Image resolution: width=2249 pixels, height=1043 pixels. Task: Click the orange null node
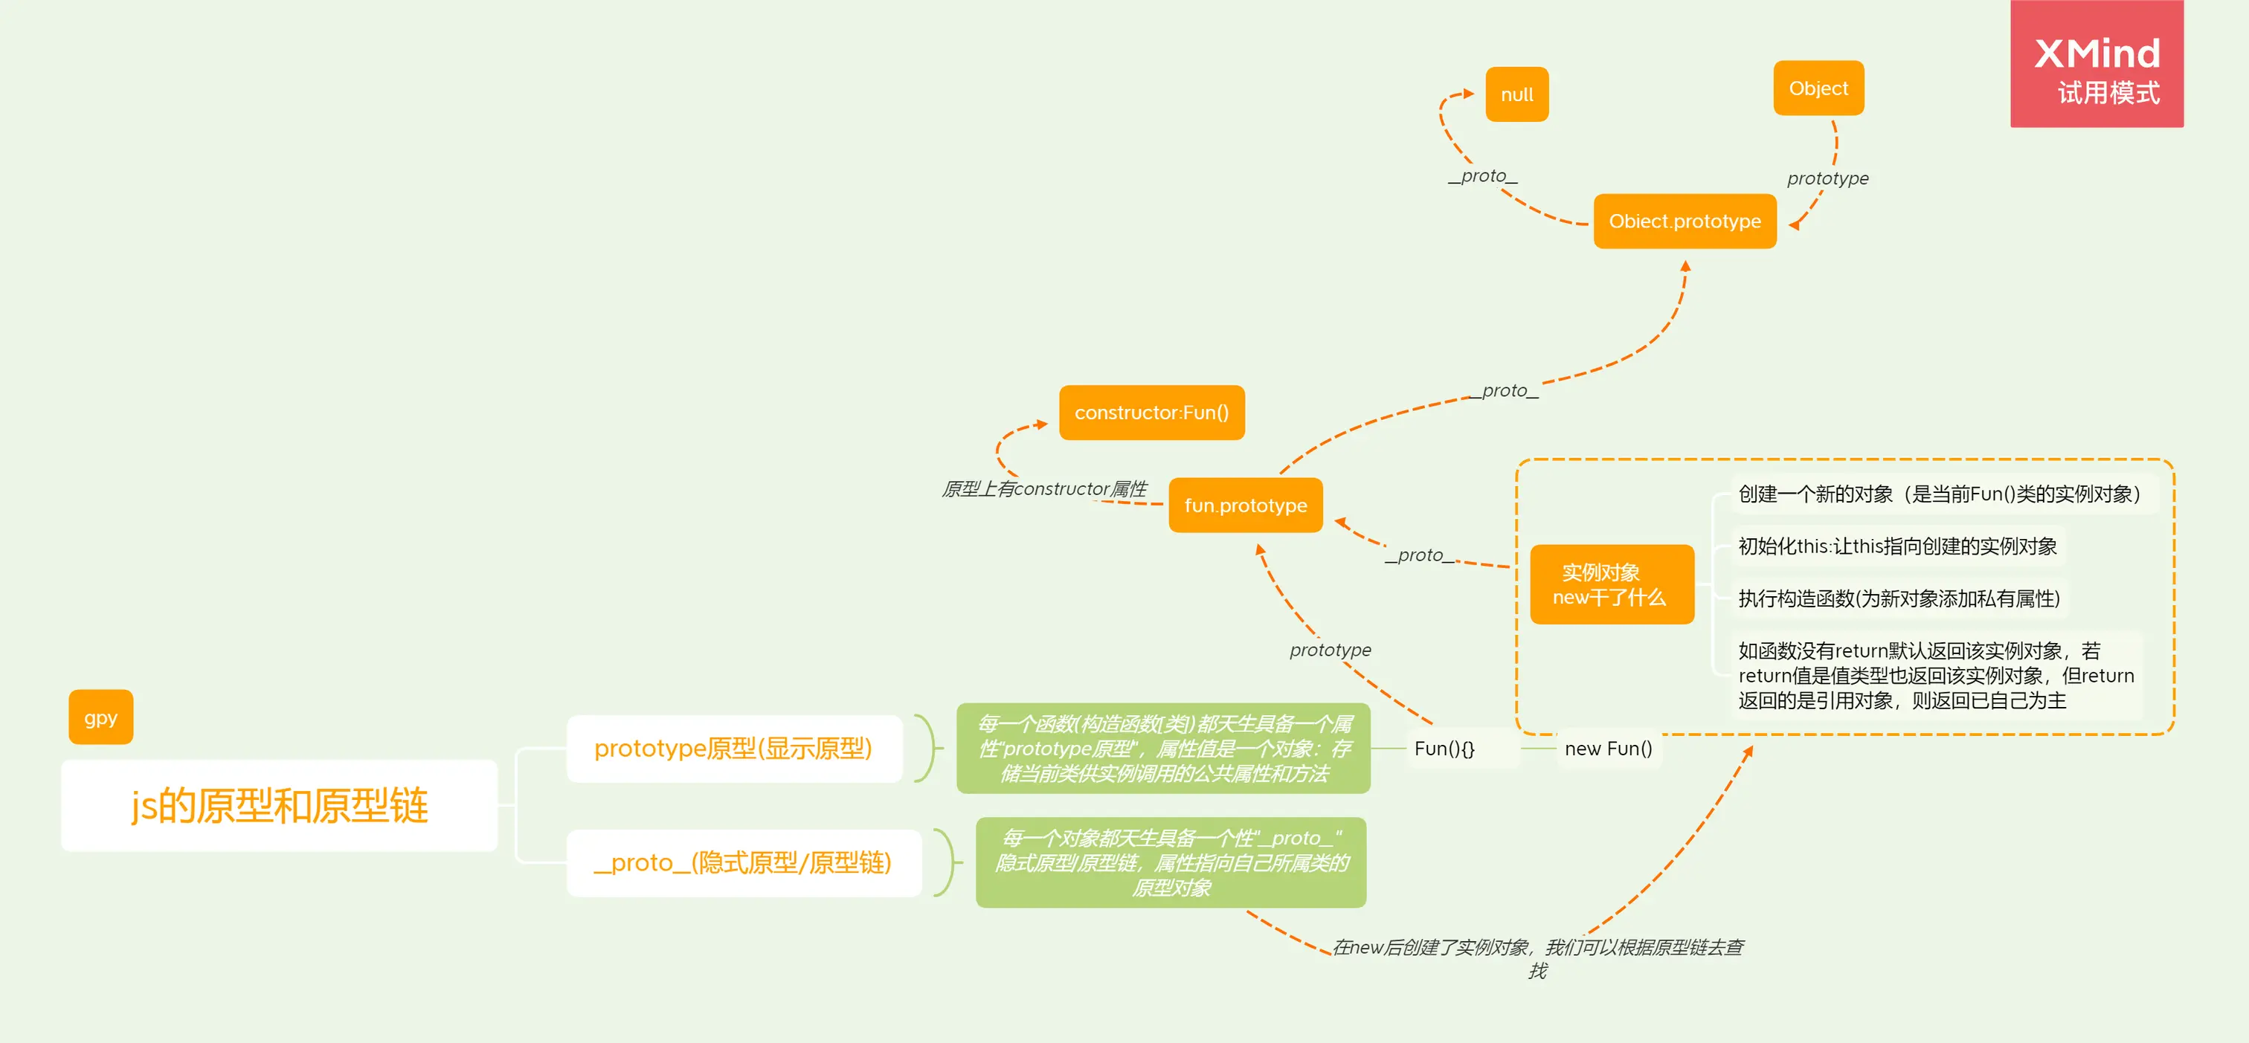click(1516, 94)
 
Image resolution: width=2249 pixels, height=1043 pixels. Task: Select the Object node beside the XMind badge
click(1818, 88)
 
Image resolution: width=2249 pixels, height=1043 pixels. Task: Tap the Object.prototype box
click(1684, 222)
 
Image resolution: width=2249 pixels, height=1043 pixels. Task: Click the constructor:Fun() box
click(1151, 413)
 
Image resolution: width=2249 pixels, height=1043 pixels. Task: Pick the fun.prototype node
click(1245, 506)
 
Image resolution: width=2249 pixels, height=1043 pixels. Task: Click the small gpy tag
click(100, 717)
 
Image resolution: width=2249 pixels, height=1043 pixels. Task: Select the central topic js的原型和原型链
click(280, 804)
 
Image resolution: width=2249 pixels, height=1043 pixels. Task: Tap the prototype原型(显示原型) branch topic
click(733, 749)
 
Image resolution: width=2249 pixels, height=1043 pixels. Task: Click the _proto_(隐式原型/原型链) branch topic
click(743, 863)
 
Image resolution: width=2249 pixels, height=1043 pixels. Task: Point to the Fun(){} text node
click(1444, 749)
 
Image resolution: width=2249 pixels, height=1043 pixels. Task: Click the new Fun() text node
click(1608, 749)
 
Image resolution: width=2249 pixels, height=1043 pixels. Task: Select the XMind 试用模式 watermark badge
click(2097, 65)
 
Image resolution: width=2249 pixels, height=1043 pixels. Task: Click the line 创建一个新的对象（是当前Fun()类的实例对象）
click(1939, 495)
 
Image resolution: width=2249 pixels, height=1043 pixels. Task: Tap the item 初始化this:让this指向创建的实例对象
click(1897, 546)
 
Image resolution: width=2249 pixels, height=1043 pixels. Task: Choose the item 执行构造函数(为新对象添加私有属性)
click(1899, 598)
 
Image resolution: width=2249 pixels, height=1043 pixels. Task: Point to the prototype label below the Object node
click(1827, 179)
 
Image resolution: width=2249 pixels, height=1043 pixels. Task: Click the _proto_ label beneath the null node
click(1482, 176)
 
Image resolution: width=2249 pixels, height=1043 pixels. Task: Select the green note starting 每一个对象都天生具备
click(1171, 862)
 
